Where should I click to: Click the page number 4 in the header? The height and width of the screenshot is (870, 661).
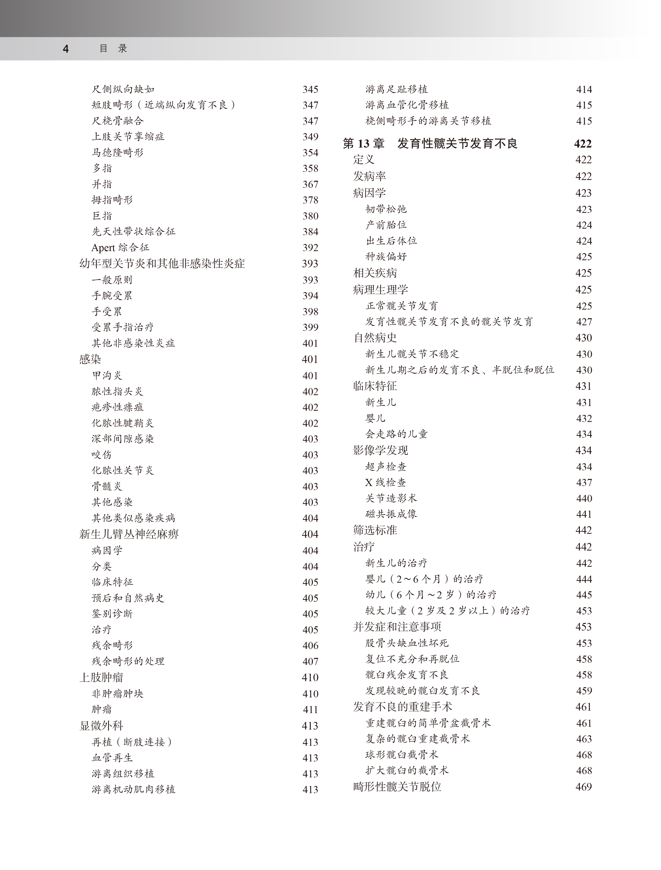pyautogui.click(x=66, y=49)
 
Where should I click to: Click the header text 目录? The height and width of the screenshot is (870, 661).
pyautogui.click(x=113, y=48)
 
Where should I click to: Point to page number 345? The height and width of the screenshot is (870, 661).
pyautogui.click(x=310, y=89)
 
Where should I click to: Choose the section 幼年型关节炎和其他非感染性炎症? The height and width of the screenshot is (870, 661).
pyautogui.click(x=162, y=264)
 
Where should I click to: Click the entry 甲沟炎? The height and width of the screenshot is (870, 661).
pyautogui.click(x=107, y=376)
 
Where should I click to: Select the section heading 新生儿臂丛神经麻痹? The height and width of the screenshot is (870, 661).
pyautogui.click(x=129, y=534)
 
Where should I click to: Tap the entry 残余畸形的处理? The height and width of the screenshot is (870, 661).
pyautogui.click(x=128, y=661)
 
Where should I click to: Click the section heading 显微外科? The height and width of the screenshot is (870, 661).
pyautogui.click(x=101, y=726)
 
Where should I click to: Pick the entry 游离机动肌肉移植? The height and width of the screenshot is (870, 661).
pyautogui.click(x=133, y=789)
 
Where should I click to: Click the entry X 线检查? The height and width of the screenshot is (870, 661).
pyautogui.click(x=385, y=483)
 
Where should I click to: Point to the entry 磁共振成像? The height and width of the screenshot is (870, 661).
pyautogui.click(x=391, y=514)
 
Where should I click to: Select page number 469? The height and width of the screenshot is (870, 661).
pyautogui.click(x=584, y=787)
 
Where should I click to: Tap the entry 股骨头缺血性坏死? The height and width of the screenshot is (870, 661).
pyautogui.click(x=407, y=643)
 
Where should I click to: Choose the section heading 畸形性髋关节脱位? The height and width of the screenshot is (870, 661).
pyautogui.click(x=397, y=787)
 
